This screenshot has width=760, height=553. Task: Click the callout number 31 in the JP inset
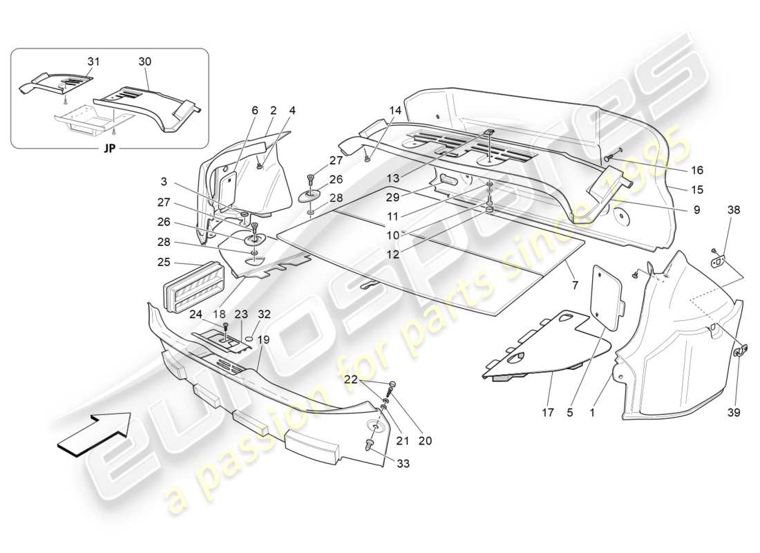(93, 62)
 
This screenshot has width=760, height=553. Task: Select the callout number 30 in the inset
(144, 62)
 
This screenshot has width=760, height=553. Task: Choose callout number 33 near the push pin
(403, 464)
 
